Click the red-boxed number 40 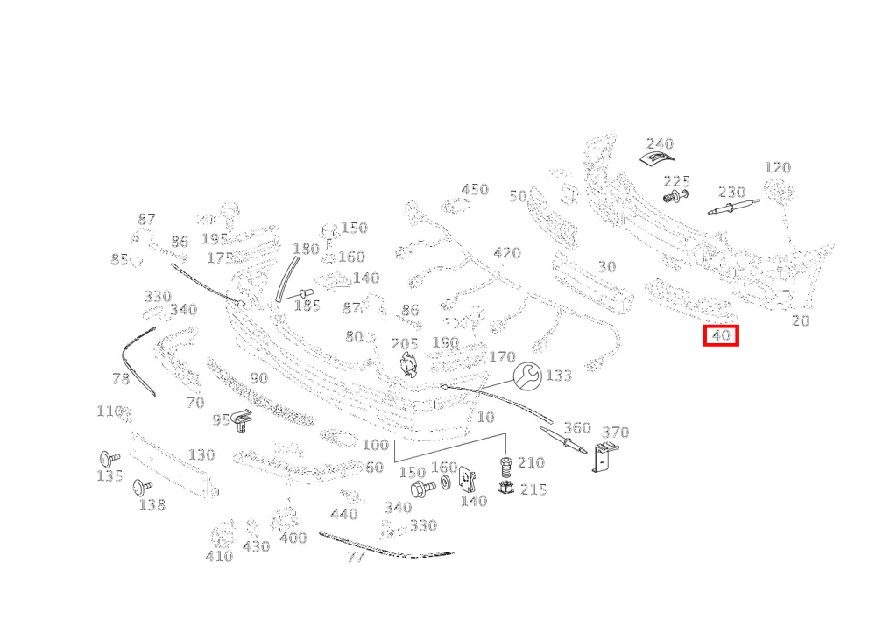tap(721, 335)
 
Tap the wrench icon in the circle tap(527, 376)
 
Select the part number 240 tap(661, 144)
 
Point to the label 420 tap(507, 253)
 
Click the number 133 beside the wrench tap(559, 376)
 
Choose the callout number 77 tap(356, 557)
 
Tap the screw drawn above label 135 tap(109, 458)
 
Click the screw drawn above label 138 tap(143, 488)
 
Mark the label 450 tap(475, 190)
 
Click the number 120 tap(778, 167)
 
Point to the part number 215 tap(533, 489)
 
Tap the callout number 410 tap(219, 557)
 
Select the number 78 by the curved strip tap(121, 379)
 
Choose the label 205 tap(405, 344)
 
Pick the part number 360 tap(577, 428)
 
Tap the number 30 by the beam tap(607, 267)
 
